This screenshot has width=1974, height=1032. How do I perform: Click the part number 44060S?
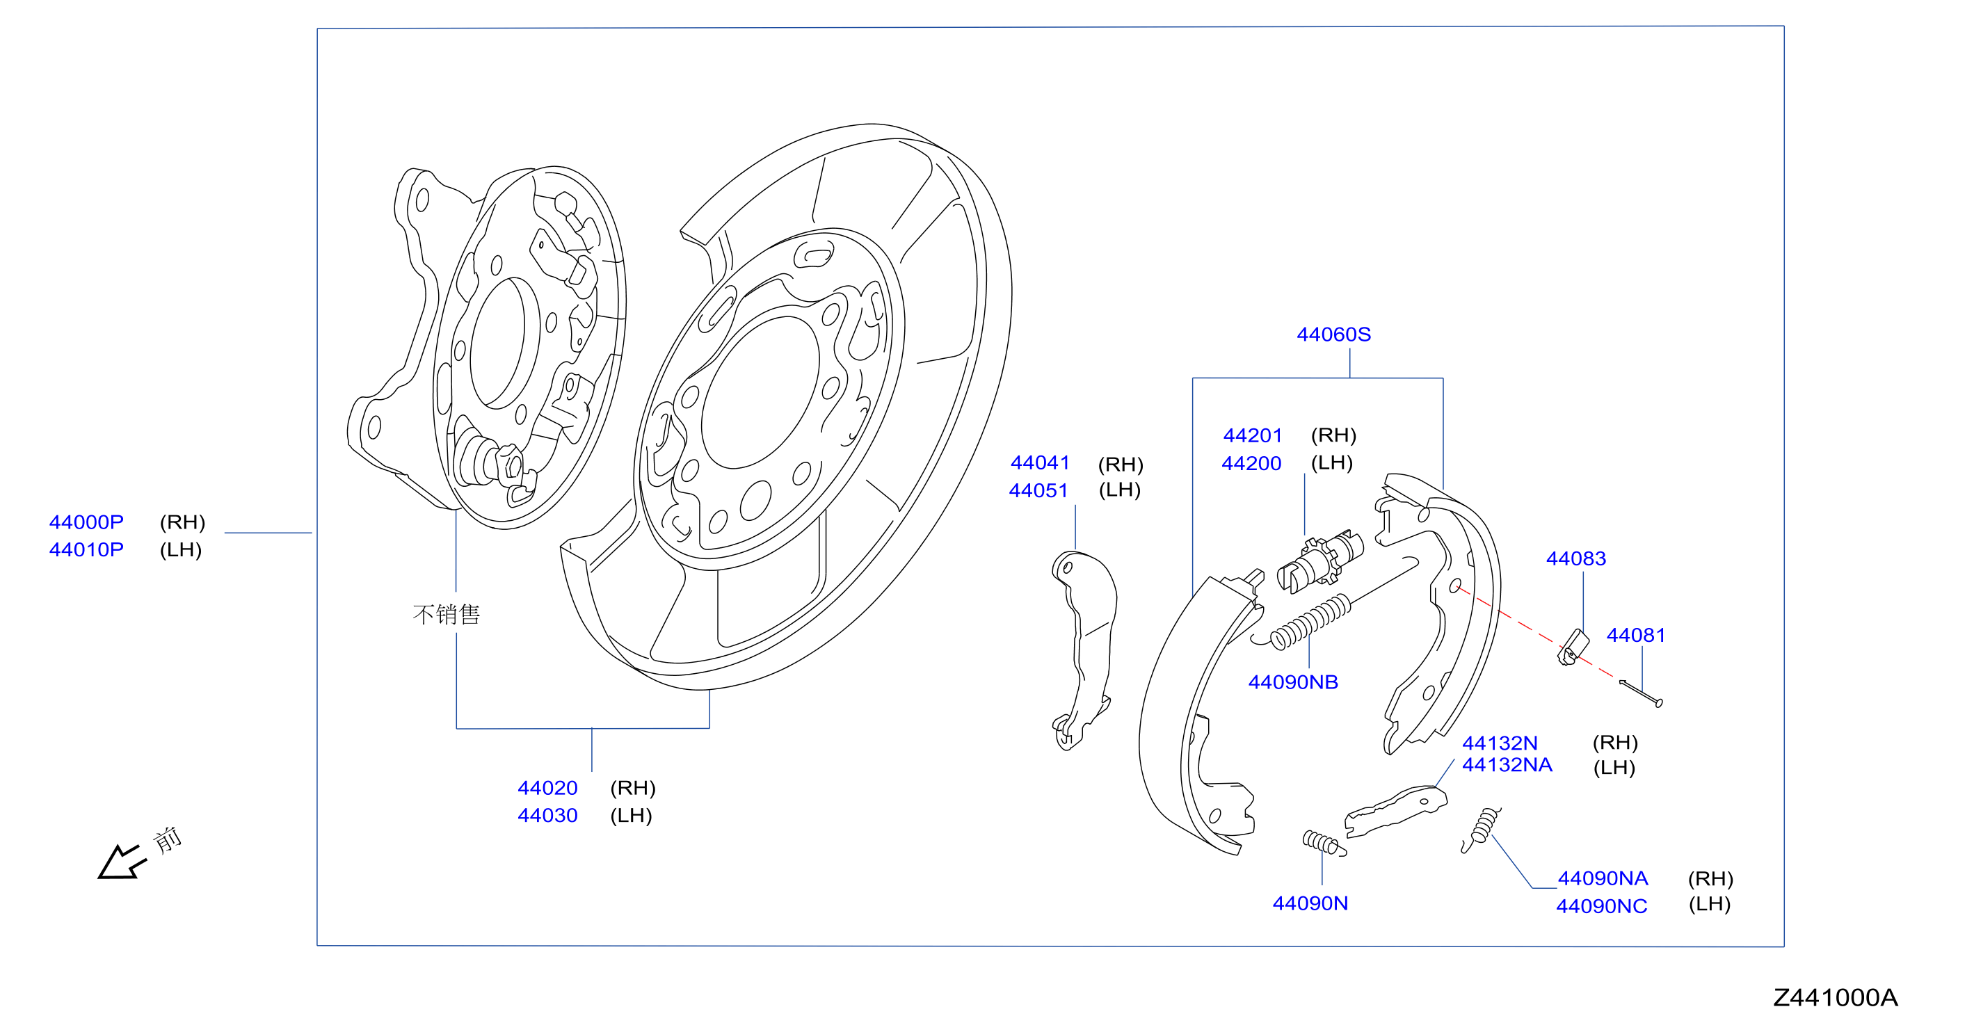click(x=1333, y=334)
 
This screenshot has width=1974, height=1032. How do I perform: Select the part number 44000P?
click(x=86, y=522)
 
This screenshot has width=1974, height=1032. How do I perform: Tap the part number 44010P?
click(x=86, y=549)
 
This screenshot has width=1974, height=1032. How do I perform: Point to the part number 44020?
click(x=547, y=788)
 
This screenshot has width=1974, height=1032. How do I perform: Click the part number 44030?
click(x=547, y=815)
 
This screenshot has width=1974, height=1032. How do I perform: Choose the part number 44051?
click(x=1038, y=490)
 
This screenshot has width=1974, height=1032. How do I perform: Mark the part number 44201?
click(x=1253, y=435)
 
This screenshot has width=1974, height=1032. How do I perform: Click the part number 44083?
click(x=1576, y=558)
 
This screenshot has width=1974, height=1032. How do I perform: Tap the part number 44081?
click(x=1636, y=635)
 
